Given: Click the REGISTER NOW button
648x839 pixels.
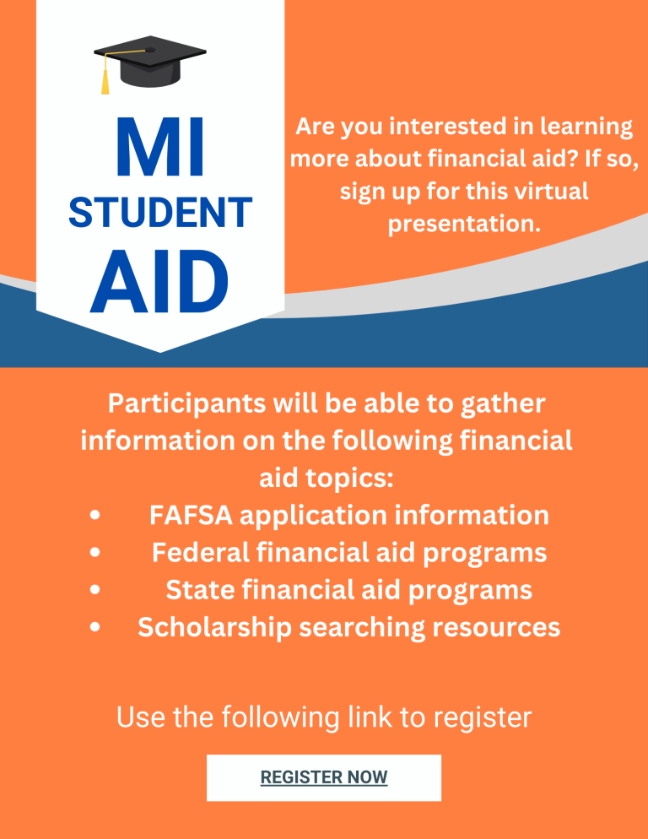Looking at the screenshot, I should (324, 777).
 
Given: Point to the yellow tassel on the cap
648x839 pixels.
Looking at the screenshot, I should (105, 83).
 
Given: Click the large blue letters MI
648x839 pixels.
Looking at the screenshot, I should (160, 149).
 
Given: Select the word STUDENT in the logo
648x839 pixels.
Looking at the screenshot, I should (160, 213).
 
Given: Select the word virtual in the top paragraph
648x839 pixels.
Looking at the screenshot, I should (548, 192).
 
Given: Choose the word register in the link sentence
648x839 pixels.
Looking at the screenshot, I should (483, 717).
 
